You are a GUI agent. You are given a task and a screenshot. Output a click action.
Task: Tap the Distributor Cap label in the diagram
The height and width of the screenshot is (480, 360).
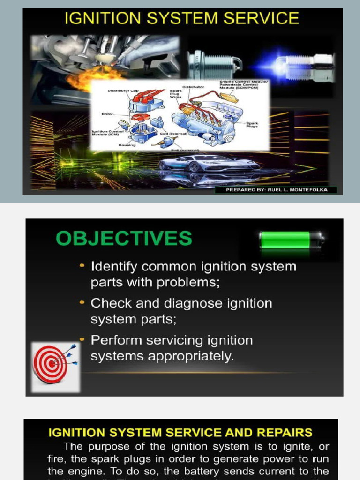point(121,90)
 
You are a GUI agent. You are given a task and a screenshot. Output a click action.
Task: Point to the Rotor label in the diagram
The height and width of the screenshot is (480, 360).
point(107,114)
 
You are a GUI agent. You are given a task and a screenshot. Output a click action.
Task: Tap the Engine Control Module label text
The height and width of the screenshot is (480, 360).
point(243,84)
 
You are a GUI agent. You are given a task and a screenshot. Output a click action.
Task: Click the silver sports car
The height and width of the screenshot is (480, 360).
point(209,164)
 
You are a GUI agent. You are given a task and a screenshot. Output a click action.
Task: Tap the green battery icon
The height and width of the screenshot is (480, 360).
point(291,240)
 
